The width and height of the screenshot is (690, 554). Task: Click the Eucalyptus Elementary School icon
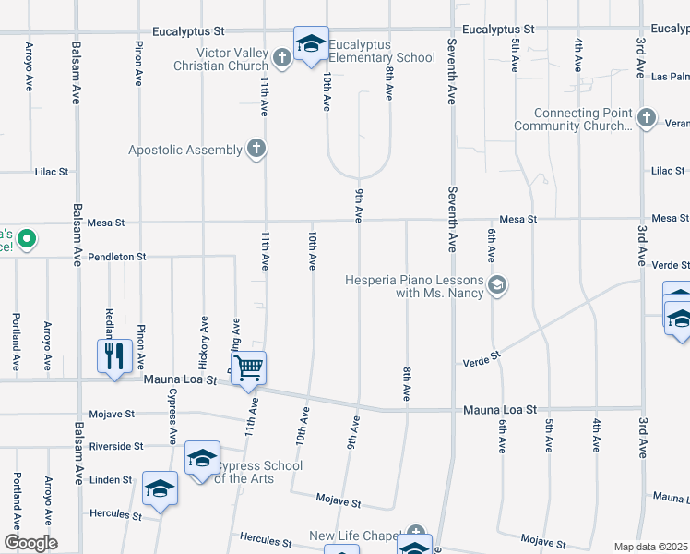[x=311, y=44]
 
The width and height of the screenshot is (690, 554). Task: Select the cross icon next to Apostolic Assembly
[x=256, y=149]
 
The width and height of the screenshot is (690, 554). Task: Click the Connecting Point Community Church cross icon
[x=647, y=117]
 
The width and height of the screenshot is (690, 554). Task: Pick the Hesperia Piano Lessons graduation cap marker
[x=498, y=284]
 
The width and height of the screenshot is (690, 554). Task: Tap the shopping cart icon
[x=249, y=368]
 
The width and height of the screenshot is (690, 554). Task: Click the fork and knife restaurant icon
[x=114, y=356]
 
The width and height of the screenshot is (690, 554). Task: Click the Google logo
[x=30, y=543]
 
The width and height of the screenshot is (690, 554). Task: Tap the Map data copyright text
[x=650, y=547]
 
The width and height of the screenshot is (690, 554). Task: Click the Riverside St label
[x=116, y=446]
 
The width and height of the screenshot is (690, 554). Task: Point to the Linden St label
[x=111, y=480]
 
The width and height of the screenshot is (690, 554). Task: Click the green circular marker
[x=27, y=239]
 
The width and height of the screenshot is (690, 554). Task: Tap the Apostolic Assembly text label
[x=185, y=150]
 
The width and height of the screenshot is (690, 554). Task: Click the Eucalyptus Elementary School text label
[x=382, y=52]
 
